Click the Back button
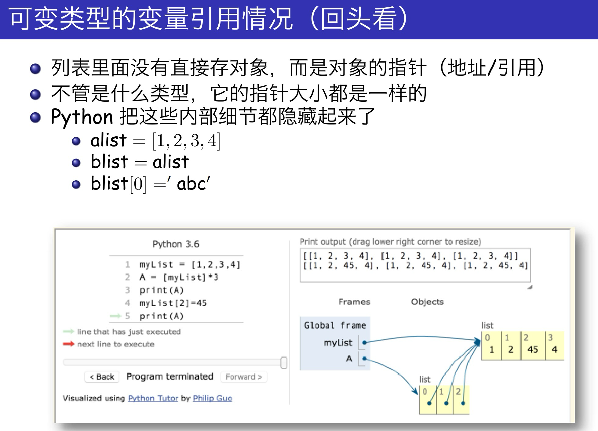pyautogui.click(x=102, y=377)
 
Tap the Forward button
pyautogui.click(x=244, y=377)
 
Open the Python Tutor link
pyautogui.click(x=153, y=398)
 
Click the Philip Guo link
pyautogui.click(x=213, y=398)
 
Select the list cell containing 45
pyautogui.click(x=533, y=346)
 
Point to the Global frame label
pyautogui.click(x=335, y=325)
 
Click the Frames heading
pyautogui.click(x=354, y=302)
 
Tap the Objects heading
pyautogui.click(x=427, y=302)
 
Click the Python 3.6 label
pyautogui.click(x=176, y=244)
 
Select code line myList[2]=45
pyautogui.click(x=173, y=303)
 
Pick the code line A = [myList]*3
pyautogui.click(x=179, y=277)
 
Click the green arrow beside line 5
pyautogui.click(x=116, y=316)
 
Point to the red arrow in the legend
pyautogui.click(x=68, y=344)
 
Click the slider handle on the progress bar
pyautogui.click(x=284, y=362)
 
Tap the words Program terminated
pyautogui.click(x=170, y=377)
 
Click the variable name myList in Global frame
pyautogui.click(x=338, y=343)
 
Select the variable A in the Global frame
pyautogui.click(x=349, y=358)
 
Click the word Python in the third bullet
pyautogui.click(x=82, y=117)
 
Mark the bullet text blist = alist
pyautogui.click(x=140, y=162)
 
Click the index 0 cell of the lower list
pyautogui.click(x=428, y=399)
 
